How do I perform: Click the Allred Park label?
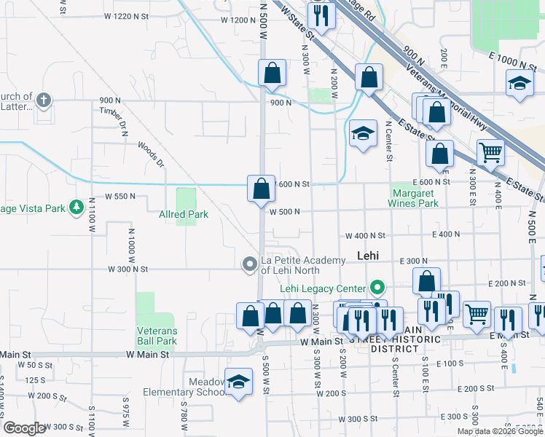coord(184,214)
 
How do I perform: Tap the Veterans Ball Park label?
coord(157,336)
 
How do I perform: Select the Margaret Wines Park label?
coord(415,198)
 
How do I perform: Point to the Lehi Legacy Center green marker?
coord(377,286)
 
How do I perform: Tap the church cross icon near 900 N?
coord(44,100)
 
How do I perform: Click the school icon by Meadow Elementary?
coord(238,383)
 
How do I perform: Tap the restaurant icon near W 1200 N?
coord(321,15)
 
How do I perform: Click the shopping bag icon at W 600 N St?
coord(261,189)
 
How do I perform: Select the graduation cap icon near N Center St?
coord(362,133)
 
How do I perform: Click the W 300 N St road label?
coord(128,269)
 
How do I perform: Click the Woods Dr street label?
coord(151,154)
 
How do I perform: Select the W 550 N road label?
coord(121,197)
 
